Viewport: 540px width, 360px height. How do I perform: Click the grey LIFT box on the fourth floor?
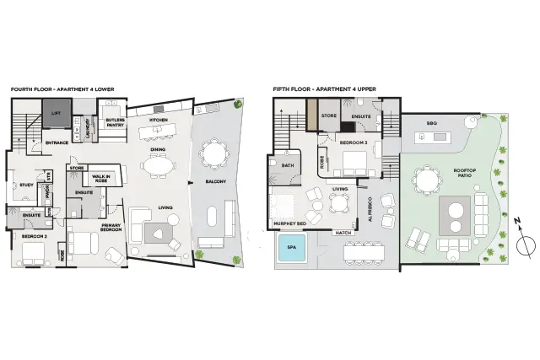[x=57, y=113]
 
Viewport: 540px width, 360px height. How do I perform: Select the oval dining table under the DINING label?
[x=159, y=166]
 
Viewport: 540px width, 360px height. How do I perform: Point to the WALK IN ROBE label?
[x=102, y=177]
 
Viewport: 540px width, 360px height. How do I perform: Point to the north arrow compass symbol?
[x=525, y=245]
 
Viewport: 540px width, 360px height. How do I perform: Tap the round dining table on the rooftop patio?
[x=427, y=179]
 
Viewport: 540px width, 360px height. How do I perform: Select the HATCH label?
[x=343, y=233]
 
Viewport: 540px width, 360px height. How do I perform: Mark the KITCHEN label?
[x=159, y=121]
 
